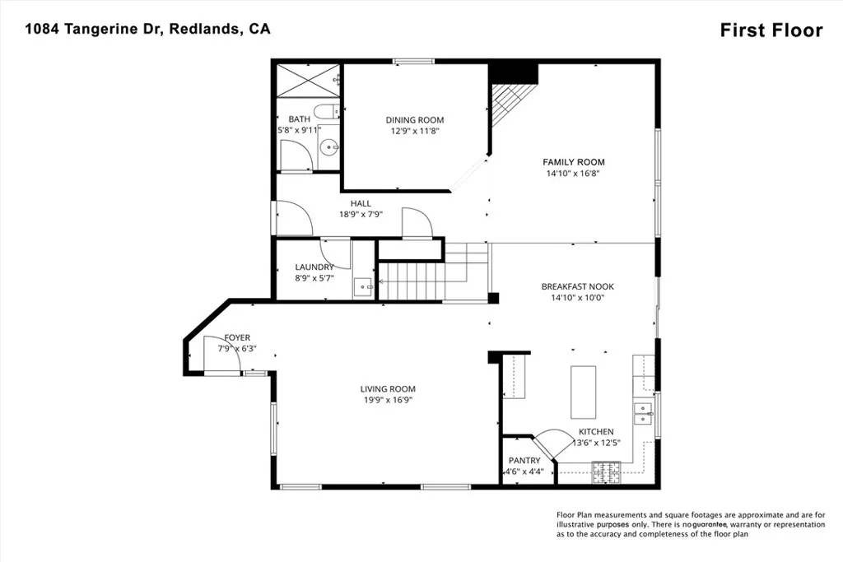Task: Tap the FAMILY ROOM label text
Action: (x=573, y=162)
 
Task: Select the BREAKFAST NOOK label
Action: (x=577, y=286)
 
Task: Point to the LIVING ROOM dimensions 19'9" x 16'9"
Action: (x=387, y=400)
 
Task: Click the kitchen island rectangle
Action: (x=584, y=392)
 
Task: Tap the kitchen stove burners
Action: (x=608, y=471)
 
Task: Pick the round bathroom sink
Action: (x=329, y=149)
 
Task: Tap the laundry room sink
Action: (x=363, y=287)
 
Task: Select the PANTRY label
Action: (x=524, y=461)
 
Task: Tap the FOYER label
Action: (x=238, y=338)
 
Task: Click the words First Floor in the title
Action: (x=771, y=30)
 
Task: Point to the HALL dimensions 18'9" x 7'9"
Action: (x=361, y=214)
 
